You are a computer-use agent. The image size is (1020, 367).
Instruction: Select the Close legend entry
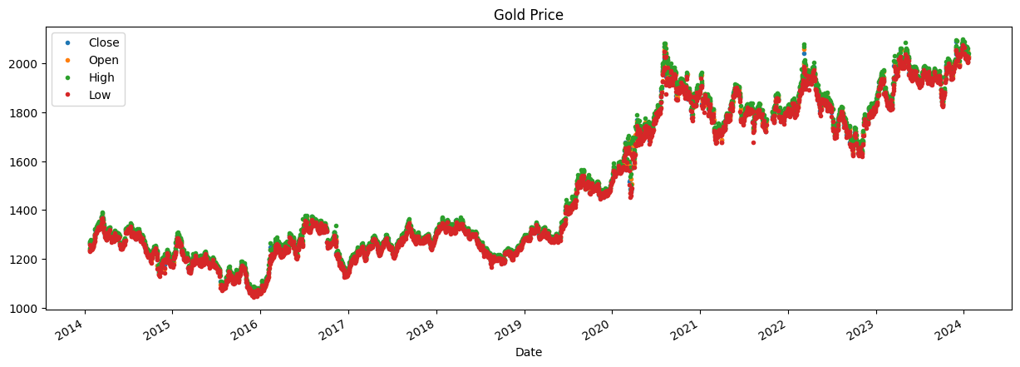104,42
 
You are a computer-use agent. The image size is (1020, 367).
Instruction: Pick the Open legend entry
104,60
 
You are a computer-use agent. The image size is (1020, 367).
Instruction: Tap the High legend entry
103,78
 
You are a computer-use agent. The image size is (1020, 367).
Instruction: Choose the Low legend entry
100,96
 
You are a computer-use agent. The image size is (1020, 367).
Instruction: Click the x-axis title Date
529,352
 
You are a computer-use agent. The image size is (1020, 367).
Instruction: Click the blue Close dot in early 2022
804,53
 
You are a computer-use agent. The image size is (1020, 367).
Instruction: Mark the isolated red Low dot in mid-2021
753,142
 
